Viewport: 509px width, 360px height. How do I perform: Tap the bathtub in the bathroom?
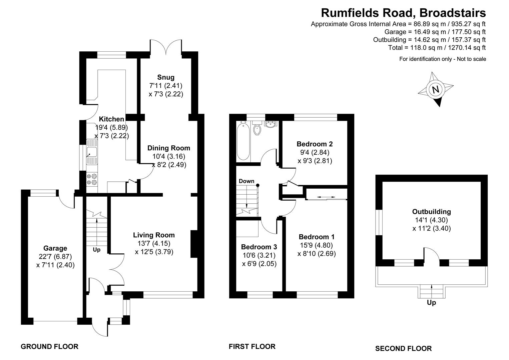coord(243,141)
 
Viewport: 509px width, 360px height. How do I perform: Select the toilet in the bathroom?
coord(257,128)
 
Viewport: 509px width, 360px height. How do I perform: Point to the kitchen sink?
coord(92,152)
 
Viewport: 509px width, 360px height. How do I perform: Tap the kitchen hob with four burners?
coord(92,179)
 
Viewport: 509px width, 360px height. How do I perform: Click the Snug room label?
coord(166,77)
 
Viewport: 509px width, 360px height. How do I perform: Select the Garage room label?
coord(55,248)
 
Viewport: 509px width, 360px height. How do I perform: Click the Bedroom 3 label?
coord(259,247)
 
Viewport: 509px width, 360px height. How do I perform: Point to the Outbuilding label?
coord(432,212)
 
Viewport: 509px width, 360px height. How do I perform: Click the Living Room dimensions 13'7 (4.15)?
coord(154,243)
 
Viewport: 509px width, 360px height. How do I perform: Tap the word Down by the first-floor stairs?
coord(246,181)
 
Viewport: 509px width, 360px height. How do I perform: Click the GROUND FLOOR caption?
coord(50,347)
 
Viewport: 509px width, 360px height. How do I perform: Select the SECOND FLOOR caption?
coord(403,348)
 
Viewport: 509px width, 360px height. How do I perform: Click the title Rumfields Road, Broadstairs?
coord(403,13)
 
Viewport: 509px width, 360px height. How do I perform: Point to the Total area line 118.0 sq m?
coord(437,48)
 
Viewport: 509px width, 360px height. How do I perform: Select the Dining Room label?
coord(169,148)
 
